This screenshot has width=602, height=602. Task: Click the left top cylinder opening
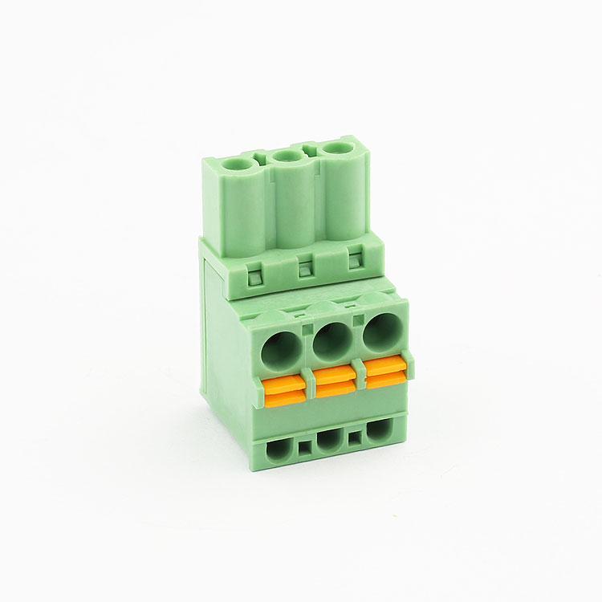(x=237, y=164)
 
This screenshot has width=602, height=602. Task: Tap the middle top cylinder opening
(x=287, y=157)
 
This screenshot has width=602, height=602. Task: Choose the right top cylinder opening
(x=336, y=150)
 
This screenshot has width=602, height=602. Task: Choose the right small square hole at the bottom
(x=354, y=437)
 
